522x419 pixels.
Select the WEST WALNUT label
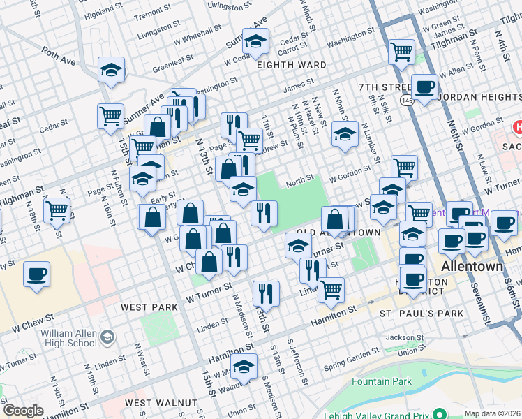161,403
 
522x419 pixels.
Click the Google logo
23,411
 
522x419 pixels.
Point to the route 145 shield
405,102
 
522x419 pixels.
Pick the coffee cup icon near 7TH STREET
424,87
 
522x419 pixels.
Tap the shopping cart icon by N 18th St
57,209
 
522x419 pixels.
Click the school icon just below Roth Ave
111,69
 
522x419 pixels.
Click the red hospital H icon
517,128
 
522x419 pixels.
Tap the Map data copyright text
493,413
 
